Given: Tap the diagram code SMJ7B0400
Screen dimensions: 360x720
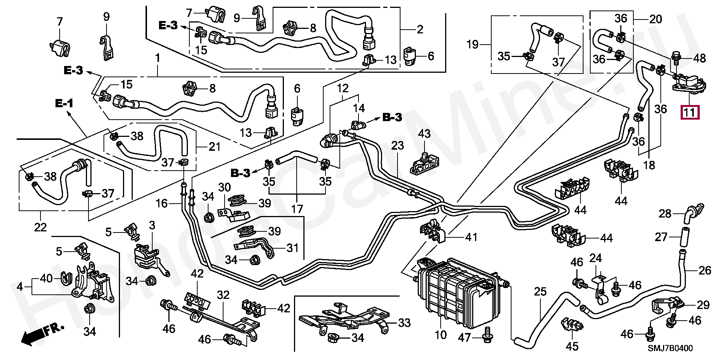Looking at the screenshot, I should (x=670, y=348).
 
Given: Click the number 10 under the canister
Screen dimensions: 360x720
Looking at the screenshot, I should (x=441, y=334).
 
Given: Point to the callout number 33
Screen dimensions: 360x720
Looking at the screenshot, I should (x=404, y=322).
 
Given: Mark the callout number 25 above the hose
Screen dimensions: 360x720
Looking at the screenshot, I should (x=540, y=291).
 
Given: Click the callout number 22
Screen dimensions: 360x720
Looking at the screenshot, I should (x=40, y=227).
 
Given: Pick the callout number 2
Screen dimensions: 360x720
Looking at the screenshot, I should (x=420, y=29).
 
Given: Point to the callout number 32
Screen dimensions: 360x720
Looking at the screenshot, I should (x=223, y=295).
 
